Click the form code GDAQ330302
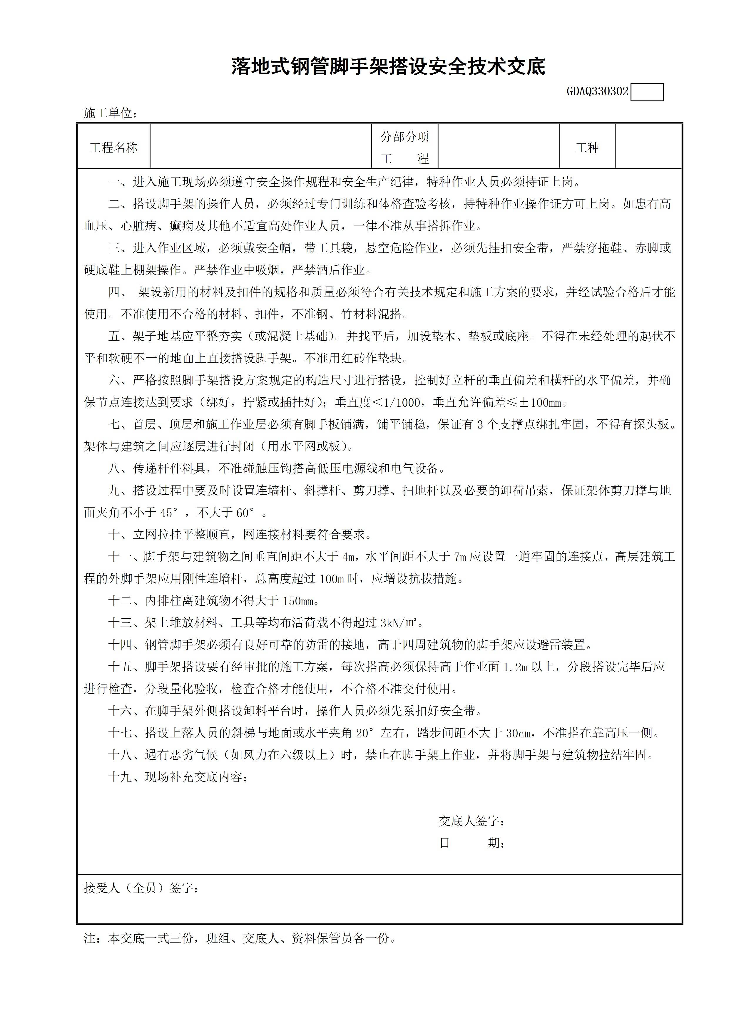tap(597, 92)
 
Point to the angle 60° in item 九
tap(245, 512)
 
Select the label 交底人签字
tap(471, 821)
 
